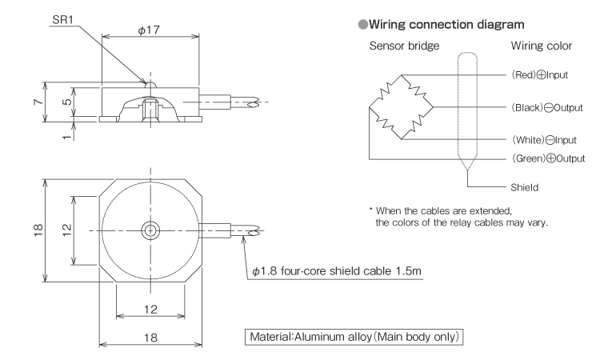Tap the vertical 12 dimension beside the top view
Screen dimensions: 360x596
pyautogui.click(x=69, y=230)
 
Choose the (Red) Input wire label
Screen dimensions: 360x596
pyautogui.click(x=530, y=76)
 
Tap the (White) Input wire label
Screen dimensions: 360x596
pyautogui.click(x=533, y=139)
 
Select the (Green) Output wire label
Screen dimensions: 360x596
pyautogui.click(x=538, y=158)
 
